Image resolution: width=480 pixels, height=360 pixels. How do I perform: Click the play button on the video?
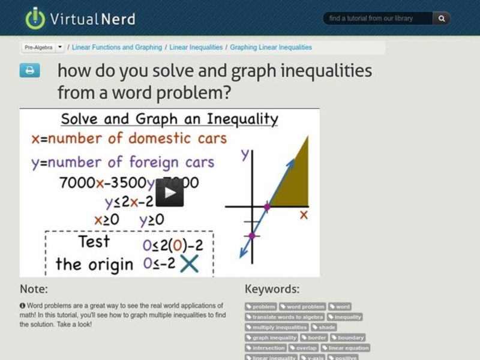coord(169,193)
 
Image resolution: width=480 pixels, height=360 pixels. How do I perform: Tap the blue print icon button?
coord(29,70)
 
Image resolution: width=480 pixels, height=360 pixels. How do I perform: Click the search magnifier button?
coord(441,19)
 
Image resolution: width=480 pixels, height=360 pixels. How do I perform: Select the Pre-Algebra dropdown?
coord(43,47)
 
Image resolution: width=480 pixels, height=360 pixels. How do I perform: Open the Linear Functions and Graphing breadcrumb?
coord(117,47)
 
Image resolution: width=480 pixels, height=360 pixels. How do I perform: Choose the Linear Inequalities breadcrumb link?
coord(196,47)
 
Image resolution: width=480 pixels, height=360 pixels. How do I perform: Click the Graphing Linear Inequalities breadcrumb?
coord(271,47)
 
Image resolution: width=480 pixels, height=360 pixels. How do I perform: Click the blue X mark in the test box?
coord(190,263)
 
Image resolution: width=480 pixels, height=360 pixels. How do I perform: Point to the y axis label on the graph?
coord(245,154)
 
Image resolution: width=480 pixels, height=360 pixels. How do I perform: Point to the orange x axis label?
coord(304,214)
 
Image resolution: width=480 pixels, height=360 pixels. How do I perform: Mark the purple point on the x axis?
coord(267,207)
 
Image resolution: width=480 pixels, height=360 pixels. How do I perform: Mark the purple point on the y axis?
coord(252,235)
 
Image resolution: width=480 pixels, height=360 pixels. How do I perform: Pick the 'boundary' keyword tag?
coord(347,337)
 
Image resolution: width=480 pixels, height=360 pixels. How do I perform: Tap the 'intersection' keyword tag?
coord(265,347)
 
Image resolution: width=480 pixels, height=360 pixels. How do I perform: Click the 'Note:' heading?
coord(34,289)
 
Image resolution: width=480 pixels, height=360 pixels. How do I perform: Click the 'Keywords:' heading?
coord(272,289)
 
